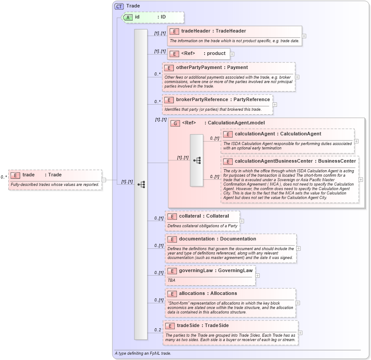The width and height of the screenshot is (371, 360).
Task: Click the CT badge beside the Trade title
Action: point(119,6)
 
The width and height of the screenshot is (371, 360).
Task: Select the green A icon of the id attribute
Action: point(128,17)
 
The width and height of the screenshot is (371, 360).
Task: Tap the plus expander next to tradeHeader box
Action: point(304,36)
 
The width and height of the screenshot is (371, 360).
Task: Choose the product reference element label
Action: point(216,54)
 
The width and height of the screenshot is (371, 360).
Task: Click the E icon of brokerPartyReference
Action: point(169,100)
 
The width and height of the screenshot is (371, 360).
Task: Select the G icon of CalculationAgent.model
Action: point(175,123)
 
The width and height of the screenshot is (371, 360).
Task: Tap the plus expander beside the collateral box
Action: point(242,221)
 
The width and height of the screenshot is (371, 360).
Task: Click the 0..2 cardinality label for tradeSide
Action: point(158,330)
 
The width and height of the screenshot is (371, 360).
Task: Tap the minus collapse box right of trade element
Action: point(104,179)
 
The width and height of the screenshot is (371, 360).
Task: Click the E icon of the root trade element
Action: point(15,175)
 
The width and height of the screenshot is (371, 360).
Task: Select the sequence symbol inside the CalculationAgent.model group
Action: point(197,160)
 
